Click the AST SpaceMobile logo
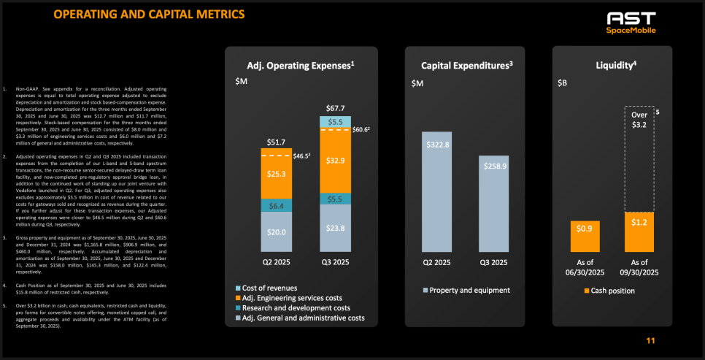631,23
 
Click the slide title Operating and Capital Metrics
149,15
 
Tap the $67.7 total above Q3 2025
335,108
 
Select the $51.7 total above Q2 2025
277,141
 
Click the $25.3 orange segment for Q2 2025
277,174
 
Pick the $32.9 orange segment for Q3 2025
335,159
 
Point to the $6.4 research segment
277,206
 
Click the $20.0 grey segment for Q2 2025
277,233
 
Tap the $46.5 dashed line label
303,156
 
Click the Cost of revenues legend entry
266,288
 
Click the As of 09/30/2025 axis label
639,267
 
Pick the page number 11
651,341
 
